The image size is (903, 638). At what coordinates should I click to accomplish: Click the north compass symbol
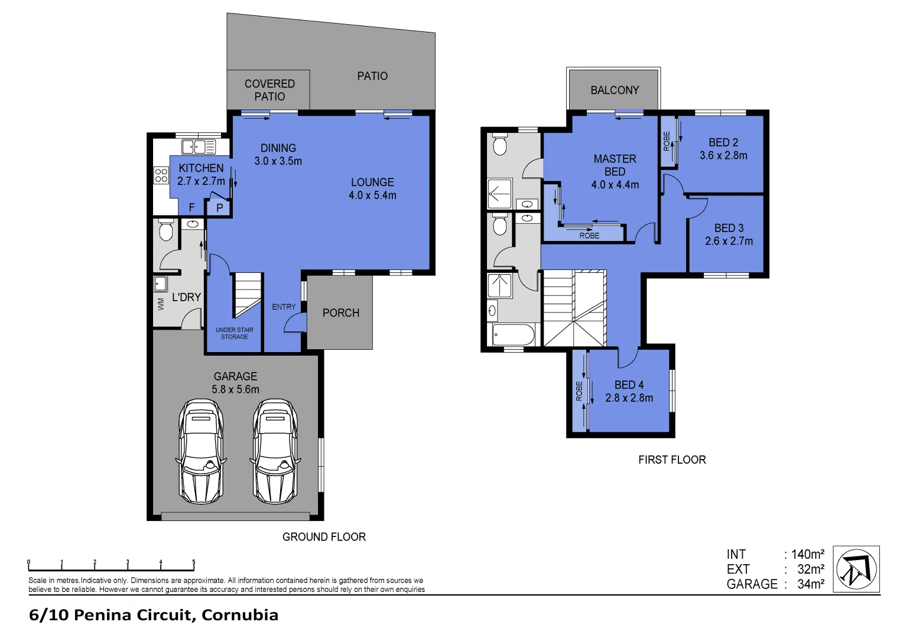tap(856, 569)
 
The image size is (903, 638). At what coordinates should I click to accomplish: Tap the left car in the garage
tap(201, 451)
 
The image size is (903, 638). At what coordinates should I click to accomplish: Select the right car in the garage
tap(275, 451)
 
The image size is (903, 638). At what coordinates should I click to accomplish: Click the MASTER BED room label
tap(615, 165)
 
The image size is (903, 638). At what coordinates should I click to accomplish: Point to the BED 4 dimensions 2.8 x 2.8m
tap(629, 398)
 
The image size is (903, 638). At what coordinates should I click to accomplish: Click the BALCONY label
tap(615, 90)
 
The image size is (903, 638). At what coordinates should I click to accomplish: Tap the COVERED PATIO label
tap(269, 90)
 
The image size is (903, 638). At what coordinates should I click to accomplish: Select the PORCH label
tap(340, 313)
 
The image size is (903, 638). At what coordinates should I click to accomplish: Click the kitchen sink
tap(198, 147)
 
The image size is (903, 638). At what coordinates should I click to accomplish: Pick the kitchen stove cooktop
tap(161, 175)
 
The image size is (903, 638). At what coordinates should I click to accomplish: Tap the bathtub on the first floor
tap(513, 335)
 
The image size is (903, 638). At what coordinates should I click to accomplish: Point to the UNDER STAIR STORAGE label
tap(235, 333)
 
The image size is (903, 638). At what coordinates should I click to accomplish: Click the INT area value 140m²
tap(807, 554)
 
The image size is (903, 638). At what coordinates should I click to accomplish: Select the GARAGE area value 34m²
tap(810, 584)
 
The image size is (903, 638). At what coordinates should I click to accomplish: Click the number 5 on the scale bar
tap(193, 562)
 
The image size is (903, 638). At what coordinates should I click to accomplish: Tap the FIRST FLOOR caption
tap(672, 460)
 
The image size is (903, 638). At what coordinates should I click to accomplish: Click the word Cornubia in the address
tap(239, 615)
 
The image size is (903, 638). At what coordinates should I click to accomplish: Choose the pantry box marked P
tap(219, 207)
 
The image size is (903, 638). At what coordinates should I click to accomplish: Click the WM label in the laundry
tap(161, 304)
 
